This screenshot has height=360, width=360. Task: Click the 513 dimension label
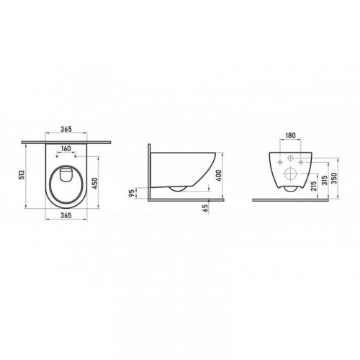click(22, 176)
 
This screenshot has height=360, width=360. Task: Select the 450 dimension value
click(95, 183)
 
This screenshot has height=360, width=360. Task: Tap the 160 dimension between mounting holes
click(66, 148)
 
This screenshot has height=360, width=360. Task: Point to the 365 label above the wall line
click(66, 129)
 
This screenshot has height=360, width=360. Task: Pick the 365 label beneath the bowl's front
click(66, 215)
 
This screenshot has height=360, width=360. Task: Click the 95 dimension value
click(132, 193)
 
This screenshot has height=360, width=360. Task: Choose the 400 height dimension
click(219, 175)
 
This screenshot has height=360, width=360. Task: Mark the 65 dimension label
click(205, 208)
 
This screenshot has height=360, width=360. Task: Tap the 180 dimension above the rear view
click(290, 135)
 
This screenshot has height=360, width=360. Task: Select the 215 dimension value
click(313, 185)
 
